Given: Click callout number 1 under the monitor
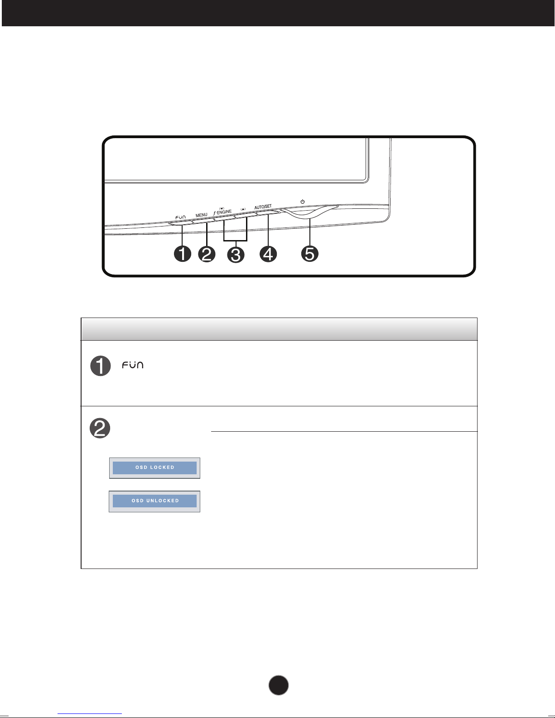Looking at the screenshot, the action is pyautogui.click(x=182, y=254).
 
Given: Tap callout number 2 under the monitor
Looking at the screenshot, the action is pyautogui.click(x=207, y=254).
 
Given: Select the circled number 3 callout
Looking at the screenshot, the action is pyautogui.click(x=236, y=255).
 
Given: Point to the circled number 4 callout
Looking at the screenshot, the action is pyautogui.click(x=268, y=254).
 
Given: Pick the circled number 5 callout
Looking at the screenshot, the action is pyautogui.click(x=309, y=254).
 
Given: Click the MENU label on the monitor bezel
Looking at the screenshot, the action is pyautogui.click(x=202, y=215).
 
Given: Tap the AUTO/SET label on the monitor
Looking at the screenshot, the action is pyautogui.click(x=263, y=207).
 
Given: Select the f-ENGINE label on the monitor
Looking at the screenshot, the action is pyautogui.click(x=222, y=212).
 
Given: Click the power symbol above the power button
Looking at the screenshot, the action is pyautogui.click(x=302, y=202).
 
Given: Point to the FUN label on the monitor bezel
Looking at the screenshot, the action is pyautogui.click(x=180, y=217).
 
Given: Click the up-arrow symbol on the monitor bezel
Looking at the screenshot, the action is pyautogui.click(x=243, y=209).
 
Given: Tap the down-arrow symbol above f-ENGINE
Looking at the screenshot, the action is pyautogui.click(x=222, y=208).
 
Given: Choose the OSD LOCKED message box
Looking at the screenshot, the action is pyautogui.click(x=154, y=468).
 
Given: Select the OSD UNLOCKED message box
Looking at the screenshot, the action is pyautogui.click(x=154, y=501).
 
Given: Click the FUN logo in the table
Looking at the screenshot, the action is pyautogui.click(x=132, y=365).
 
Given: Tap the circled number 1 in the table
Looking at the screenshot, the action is pyautogui.click(x=101, y=366).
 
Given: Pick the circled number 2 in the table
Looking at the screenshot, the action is pyautogui.click(x=100, y=428).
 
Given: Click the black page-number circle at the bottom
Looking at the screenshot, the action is pyautogui.click(x=279, y=685).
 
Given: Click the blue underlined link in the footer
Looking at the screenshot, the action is pyautogui.click(x=90, y=713).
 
